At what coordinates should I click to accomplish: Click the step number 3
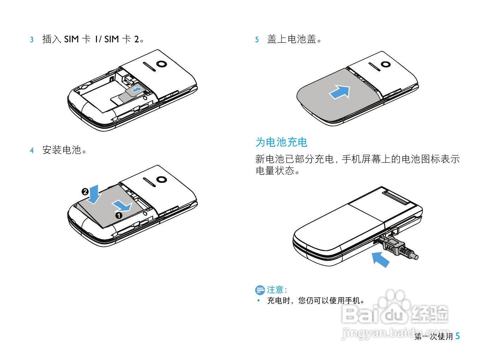(x=32, y=40)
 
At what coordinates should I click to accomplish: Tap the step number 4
(x=32, y=151)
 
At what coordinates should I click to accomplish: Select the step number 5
(x=257, y=40)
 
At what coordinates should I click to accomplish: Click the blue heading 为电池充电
(x=281, y=142)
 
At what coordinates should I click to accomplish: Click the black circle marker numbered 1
(x=119, y=215)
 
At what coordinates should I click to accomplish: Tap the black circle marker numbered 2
(x=85, y=192)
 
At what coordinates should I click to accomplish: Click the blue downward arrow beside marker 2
(x=94, y=194)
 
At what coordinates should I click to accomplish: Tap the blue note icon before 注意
(x=260, y=290)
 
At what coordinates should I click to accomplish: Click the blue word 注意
(x=275, y=290)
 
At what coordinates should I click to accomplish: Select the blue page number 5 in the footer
(x=457, y=336)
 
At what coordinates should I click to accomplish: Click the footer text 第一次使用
(x=433, y=336)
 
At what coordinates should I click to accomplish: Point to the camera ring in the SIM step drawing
(x=161, y=64)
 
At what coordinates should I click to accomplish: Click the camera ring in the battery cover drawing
(x=385, y=65)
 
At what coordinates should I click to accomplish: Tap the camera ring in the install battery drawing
(x=161, y=179)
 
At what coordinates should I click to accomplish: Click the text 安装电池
(x=62, y=150)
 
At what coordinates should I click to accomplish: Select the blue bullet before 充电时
(x=259, y=300)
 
